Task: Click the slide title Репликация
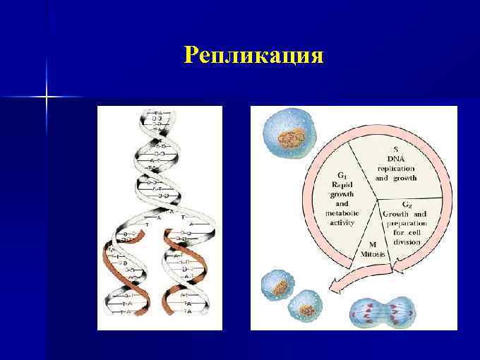pyautogui.click(x=253, y=55)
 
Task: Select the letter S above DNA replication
pyautogui.click(x=396, y=148)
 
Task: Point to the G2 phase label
pyautogui.click(x=407, y=205)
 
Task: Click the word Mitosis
pyautogui.click(x=372, y=253)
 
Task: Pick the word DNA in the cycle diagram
pyautogui.click(x=396, y=158)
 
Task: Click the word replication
pyautogui.click(x=396, y=168)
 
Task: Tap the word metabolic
pyautogui.click(x=342, y=212)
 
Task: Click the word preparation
pyautogui.click(x=407, y=223)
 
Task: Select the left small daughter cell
pyautogui.click(x=277, y=287)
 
